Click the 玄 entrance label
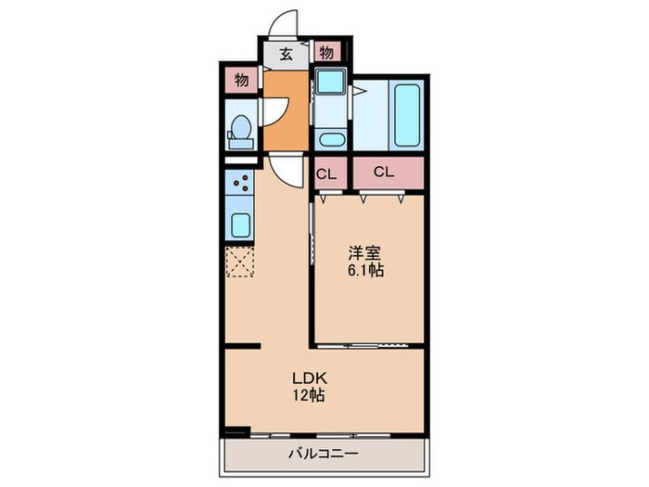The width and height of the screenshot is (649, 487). coord(286,53)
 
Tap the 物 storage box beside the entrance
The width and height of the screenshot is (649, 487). coord(327,53)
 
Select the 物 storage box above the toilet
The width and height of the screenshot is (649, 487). coord(241,82)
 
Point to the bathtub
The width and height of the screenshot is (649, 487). coord(408,116)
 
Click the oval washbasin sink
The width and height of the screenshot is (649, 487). coord(330,141)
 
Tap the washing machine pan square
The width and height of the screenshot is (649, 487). coord(328,83)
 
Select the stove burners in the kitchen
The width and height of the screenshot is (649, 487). coord(240,185)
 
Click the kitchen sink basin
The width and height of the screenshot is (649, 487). coord(240,224)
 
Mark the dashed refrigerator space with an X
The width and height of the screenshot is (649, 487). coord(240,263)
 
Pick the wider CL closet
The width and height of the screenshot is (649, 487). coord(385,173)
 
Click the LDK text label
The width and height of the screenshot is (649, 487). coord(307,378)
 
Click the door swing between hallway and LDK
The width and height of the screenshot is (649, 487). coord(286,169)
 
